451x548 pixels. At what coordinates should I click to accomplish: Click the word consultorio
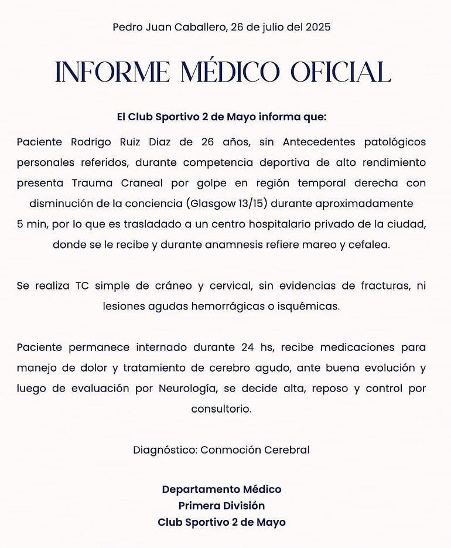(221, 409)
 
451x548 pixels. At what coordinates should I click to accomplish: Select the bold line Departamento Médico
(221, 489)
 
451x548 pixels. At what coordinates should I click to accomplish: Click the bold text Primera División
(221, 505)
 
